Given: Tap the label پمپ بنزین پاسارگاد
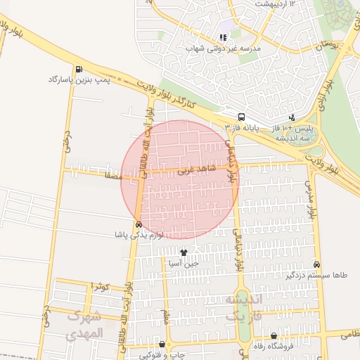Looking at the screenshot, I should click(75, 80).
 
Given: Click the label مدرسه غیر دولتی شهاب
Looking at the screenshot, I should click(223, 49).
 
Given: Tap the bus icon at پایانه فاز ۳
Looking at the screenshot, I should click(241, 117).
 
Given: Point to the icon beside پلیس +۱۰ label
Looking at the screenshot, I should click(292, 119).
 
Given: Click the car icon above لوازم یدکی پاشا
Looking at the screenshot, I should click(139, 224).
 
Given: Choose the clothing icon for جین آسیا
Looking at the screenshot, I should click(184, 252).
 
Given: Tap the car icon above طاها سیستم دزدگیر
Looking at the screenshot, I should click(317, 265).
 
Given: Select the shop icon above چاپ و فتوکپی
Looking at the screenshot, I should click(163, 345).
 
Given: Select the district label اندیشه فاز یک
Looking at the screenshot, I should click(243, 307).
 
